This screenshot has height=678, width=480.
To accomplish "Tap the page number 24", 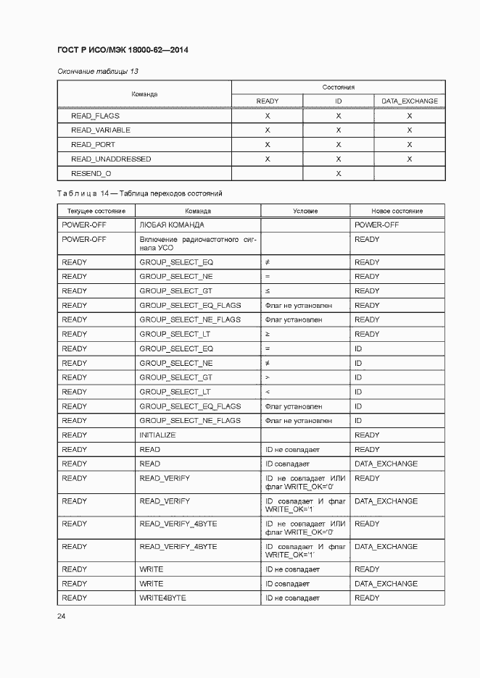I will pyautogui.click(x=61, y=616).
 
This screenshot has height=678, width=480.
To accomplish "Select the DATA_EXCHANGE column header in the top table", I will pyautogui.click(x=410, y=101).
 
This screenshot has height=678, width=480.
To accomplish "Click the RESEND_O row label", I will pyautogui.click(x=91, y=173).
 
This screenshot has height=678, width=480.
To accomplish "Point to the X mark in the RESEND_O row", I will pyautogui.click(x=339, y=173).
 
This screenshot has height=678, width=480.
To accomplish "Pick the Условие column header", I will pyautogui.click(x=305, y=211).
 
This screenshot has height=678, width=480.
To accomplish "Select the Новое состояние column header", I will pyautogui.click(x=397, y=211).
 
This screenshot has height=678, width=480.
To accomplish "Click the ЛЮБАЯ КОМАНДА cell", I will pyautogui.click(x=172, y=225).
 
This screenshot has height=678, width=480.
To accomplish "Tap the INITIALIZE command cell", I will pyautogui.click(x=157, y=435).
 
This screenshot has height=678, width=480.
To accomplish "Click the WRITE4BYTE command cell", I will pyautogui.click(x=162, y=598).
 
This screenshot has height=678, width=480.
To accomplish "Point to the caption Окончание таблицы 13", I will pyautogui.click(x=97, y=71).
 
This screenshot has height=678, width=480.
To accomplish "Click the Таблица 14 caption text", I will pyautogui.click(x=139, y=193).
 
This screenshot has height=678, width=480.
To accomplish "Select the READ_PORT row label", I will pyautogui.click(x=93, y=144).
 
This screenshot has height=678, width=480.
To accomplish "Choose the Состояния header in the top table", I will pyautogui.click(x=338, y=87).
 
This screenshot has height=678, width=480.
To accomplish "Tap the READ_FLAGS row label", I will pyautogui.click(x=95, y=115).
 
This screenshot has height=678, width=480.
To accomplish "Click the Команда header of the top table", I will pyautogui.click(x=144, y=94).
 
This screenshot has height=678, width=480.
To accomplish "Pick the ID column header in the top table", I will pyautogui.click(x=339, y=101).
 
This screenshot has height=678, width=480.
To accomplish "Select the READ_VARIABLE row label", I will pyautogui.click(x=100, y=130).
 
